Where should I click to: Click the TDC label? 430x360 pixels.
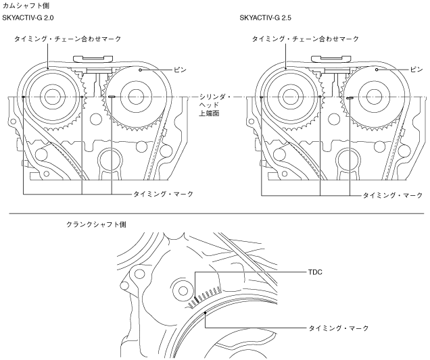click(x=315, y=272)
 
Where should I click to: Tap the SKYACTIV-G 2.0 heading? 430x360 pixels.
click(x=28, y=18)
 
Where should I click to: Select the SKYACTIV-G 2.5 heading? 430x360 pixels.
click(x=266, y=18)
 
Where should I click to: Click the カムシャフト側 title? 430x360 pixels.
click(x=26, y=5)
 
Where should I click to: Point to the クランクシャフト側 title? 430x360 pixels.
click(x=96, y=225)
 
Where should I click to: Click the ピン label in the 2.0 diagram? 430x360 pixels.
click(x=180, y=70)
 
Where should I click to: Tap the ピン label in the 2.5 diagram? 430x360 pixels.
click(x=416, y=70)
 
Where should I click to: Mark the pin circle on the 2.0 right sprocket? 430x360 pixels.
click(x=140, y=70)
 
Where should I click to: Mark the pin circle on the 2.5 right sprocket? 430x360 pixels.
click(x=377, y=70)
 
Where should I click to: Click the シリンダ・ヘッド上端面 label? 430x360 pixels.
click(x=215, y=105)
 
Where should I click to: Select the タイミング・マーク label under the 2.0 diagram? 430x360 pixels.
click(x=164, y=195)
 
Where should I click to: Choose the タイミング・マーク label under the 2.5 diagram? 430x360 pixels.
click(x=393, y=195)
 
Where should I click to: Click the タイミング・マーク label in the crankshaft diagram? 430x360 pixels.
click(x=339, y=328)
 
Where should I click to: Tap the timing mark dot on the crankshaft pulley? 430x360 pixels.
click(x=205, y=313)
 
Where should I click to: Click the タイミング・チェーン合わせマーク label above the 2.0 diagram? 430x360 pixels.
click(x=68, y=39)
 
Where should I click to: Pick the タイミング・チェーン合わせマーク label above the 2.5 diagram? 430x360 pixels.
click(x=305, y=39)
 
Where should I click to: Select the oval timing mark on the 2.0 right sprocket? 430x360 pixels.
click(x=112, y=97)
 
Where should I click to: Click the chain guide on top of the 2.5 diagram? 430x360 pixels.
click(x=331, y=59)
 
